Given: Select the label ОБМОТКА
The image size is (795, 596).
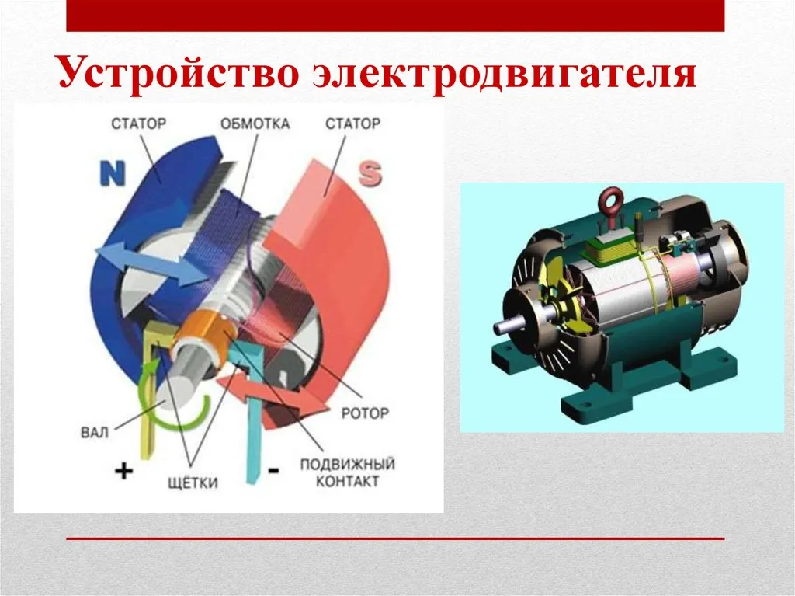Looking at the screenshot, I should [255, 124].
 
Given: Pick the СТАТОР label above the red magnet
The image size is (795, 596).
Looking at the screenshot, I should [352, 124].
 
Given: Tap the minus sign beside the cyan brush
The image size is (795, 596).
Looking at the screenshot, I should [273, 470].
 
